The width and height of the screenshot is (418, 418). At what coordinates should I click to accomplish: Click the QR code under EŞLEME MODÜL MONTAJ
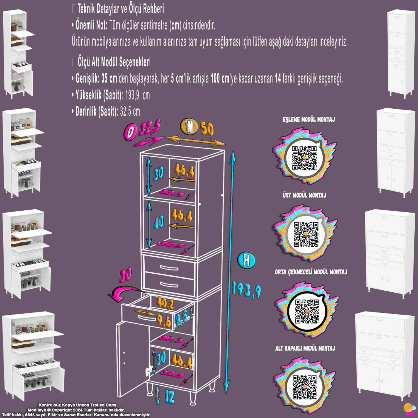point(304,158)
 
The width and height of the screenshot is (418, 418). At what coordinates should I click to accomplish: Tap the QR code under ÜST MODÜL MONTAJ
point(306,235)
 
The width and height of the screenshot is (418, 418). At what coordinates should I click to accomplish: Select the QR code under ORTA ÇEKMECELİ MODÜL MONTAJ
point(307,312)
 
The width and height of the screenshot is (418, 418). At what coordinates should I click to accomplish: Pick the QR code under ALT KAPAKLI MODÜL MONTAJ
point(304,388)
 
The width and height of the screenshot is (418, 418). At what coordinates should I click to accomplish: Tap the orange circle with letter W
point(189,126)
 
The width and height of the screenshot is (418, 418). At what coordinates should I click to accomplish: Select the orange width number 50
point(206,129)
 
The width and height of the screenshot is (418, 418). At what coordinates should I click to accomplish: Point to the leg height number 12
point(169,397)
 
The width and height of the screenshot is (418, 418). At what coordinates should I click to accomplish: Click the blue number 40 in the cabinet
point(159,222)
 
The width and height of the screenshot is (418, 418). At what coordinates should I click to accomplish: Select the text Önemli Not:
point(91,26)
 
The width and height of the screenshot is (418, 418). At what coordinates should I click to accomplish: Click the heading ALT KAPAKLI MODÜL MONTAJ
point(305,348)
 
